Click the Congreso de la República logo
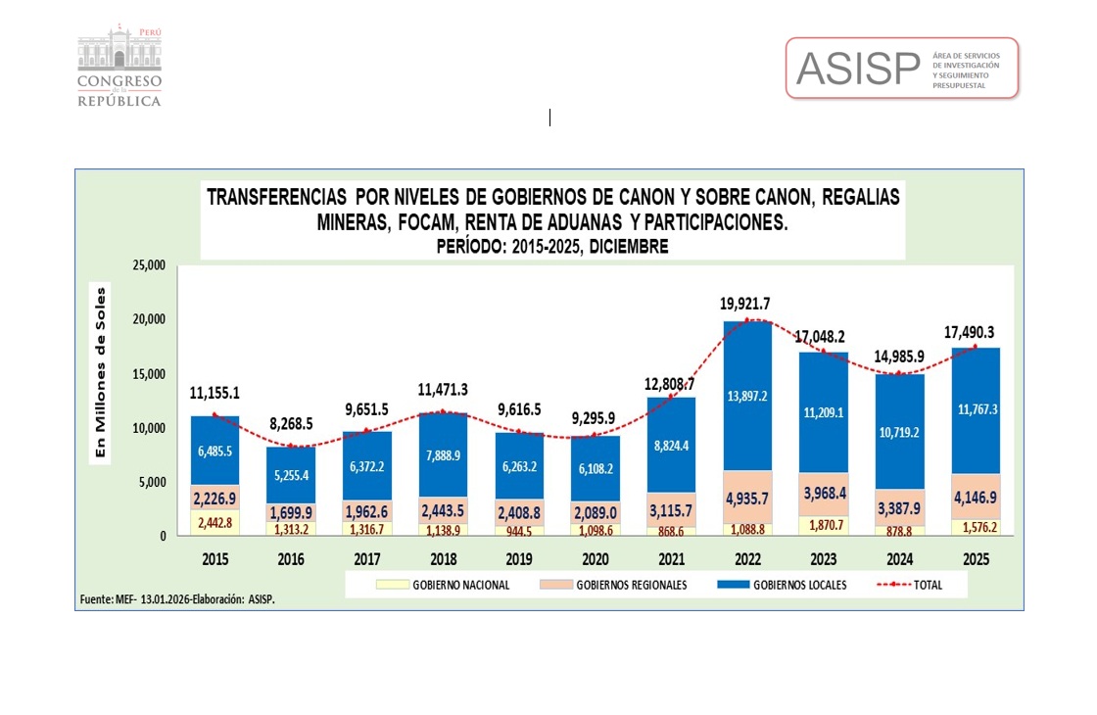tap(119, 68)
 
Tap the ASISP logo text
tap(858, 68)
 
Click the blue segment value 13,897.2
tap(746, 396)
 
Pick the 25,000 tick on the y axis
tap(150, 265)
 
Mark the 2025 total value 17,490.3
tap(975, 332)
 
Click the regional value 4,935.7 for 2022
tap(746, 499)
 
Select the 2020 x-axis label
tap(596, 559)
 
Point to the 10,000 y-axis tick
tap(150, 428)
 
